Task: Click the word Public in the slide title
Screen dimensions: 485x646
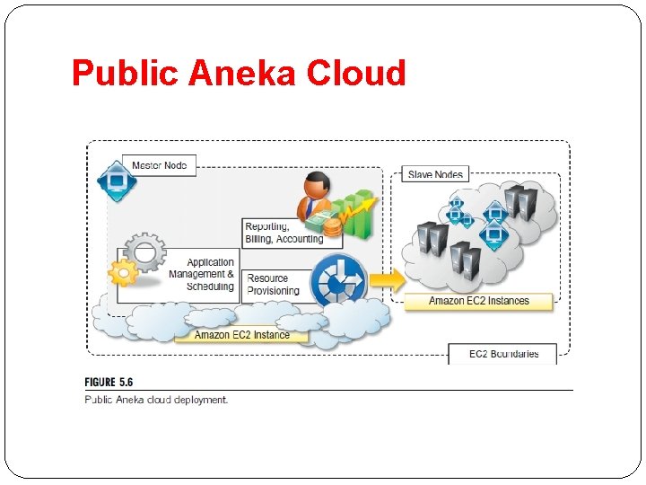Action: coord(125,73)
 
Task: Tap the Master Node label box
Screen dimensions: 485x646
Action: coord(160,165)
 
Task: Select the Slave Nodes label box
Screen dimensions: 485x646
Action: coord(435,173)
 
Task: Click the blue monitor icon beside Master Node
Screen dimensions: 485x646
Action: coord(116,181)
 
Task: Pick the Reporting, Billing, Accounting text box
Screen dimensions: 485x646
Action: coord(284,233)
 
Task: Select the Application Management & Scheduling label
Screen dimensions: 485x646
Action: coord(209,275)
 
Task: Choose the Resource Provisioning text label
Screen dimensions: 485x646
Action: coord(273,285)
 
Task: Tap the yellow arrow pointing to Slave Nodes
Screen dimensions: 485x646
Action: coord(387,279)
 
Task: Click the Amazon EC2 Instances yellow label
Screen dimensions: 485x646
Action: coord(478,301)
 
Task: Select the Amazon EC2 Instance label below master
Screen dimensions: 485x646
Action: coord(241,335)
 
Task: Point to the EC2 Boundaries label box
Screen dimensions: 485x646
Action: coord(502,354)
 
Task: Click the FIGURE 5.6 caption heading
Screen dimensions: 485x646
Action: coord(112,382)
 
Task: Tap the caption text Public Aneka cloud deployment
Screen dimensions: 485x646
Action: coord(156,400)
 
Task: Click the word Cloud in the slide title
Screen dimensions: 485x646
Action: coord(356,73)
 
